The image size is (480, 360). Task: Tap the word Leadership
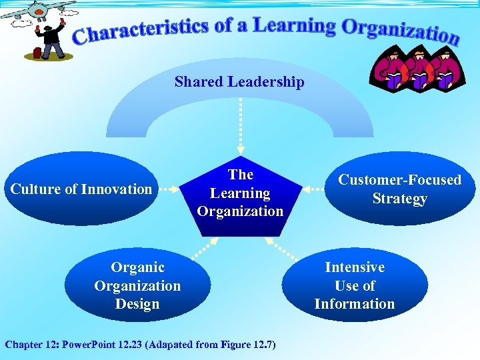265,82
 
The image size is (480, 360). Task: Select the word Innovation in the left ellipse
117,189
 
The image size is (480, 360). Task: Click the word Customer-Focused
399,180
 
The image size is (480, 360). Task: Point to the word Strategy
399,199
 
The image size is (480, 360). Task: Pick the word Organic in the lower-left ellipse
137,267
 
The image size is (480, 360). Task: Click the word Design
137,304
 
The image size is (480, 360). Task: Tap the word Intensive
355,267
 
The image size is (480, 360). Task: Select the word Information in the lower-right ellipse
355,304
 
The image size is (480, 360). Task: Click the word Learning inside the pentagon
240,193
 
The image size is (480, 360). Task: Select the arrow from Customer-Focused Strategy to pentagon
313,189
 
